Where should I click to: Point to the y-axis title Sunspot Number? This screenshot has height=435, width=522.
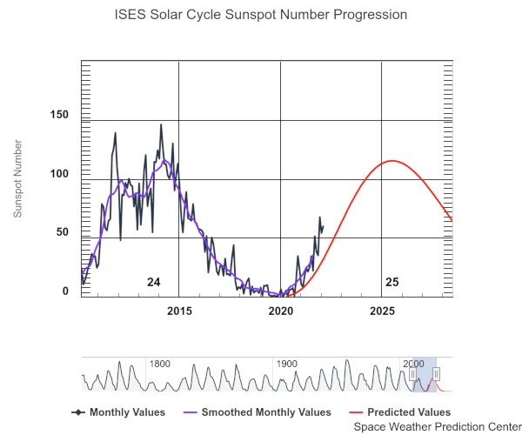pyautogui.click(x=17, y=177)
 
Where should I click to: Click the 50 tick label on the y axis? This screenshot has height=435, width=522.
pyautogui.click(x=62, y=232)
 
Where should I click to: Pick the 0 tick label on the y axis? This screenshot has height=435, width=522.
pyautogui.click(x=65, y=291)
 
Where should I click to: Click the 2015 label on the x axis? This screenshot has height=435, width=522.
pyautogui.click(x=179, y=311)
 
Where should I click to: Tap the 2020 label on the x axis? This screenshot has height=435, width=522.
pyautogui.click(x=280, y=311)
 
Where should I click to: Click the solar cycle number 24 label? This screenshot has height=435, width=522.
pyautogui.click(x=153, y=282)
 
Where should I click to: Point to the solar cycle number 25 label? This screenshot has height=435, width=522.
pyautogui.click(x=391, y=282)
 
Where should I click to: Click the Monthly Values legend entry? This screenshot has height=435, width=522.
pyautogui.click(x=122, y=412)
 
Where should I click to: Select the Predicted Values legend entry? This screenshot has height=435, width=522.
pyautogui.click(x=410, y=412)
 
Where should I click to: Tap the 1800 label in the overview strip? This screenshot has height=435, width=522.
pyautogui.click(x=159, y=364)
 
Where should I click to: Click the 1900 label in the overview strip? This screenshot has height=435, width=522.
pyautogui.click(x=286, y=364)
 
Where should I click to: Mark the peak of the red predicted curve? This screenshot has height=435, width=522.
pyautogui.click(x=391, y=161)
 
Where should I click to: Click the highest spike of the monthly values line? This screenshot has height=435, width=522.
pyautogui.click(x=161, y=124)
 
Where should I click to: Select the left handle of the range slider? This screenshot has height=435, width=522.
pyautogui.click(x=412, y=373)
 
